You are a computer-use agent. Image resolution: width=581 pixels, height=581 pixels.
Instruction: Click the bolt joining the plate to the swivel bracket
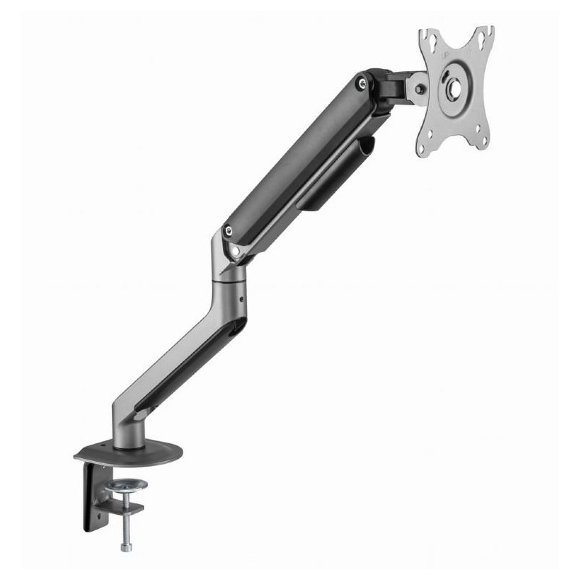419,90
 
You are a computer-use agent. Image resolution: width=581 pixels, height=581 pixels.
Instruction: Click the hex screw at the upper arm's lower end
229,232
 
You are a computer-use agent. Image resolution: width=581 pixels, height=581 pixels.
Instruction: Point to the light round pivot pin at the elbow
235,250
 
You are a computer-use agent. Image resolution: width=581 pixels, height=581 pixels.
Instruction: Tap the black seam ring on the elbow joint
227,278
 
